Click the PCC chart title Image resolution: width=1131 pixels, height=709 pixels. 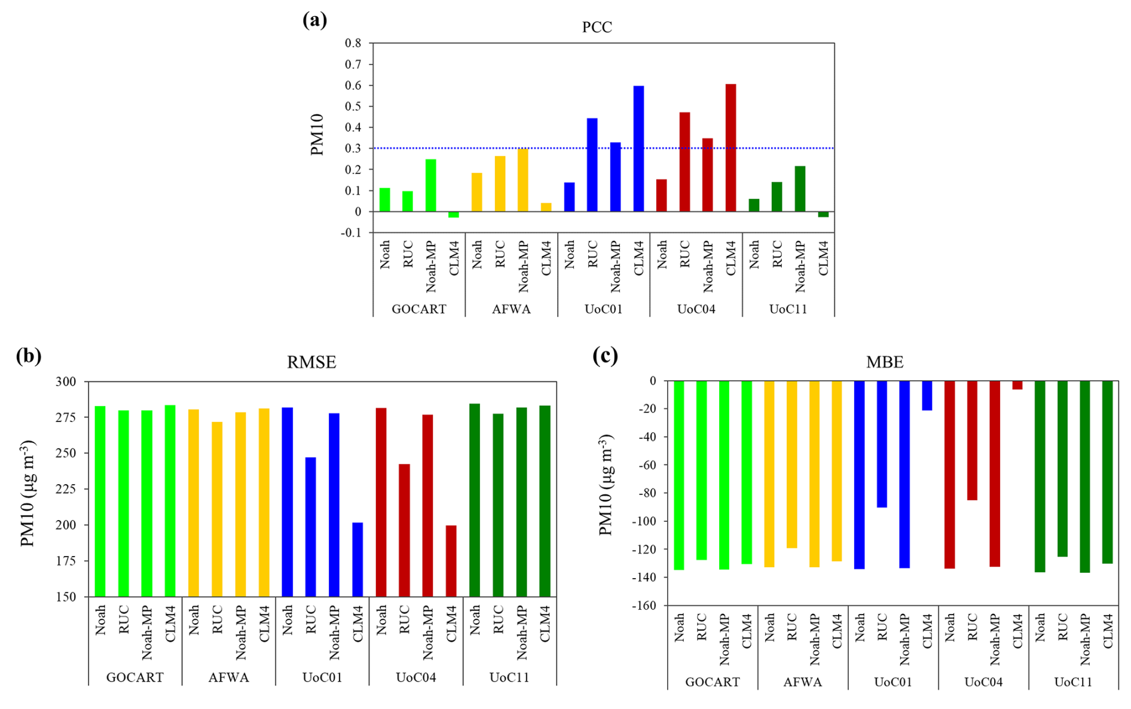click(x=597, y=27)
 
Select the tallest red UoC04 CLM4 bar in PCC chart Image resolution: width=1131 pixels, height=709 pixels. click(x=730, y=148)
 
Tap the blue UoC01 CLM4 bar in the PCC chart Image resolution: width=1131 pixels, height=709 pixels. click(x=638, y=149)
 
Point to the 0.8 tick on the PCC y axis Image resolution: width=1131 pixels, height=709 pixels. click(x=353, y=43)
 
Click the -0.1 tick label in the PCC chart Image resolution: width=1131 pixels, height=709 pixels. click(x=351, y=233)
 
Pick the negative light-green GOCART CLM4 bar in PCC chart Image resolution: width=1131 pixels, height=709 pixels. click(x=454, y=214)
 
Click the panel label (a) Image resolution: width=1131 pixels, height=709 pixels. click(x=315, y=20)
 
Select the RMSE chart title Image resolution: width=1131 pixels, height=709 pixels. click(x=311, y=362)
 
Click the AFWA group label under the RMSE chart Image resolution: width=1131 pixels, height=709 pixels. click(x=228, y=677)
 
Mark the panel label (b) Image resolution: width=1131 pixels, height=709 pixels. click(x=29, y=356)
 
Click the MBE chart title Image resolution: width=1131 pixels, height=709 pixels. click(x=885, y=362)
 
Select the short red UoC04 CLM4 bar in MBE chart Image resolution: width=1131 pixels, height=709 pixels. click(x=1017, y=385)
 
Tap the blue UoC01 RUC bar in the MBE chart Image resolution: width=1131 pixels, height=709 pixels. click(x=882, y=444)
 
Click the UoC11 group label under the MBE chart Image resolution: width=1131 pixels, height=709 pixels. click(x=1073, y=682)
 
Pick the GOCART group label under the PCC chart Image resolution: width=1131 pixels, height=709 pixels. click(x=418, y=309)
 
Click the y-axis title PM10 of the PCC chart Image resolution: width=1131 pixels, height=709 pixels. click(x=317, y=135)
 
